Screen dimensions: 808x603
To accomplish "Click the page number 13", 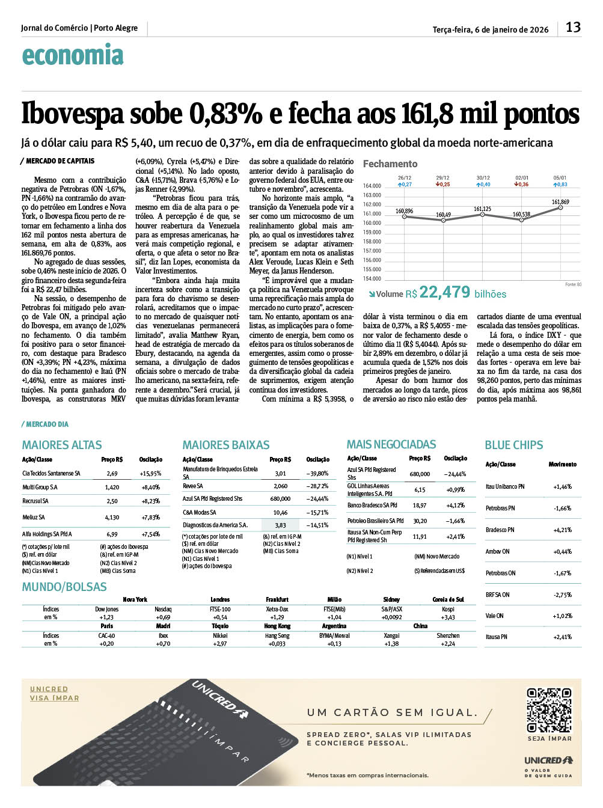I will click(x=573, y=27).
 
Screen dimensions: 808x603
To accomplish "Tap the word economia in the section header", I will click(x=73, y=55).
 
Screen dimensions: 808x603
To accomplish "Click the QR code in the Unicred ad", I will click(x=549, y=711).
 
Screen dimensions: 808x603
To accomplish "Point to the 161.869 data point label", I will click(x=560, y=202).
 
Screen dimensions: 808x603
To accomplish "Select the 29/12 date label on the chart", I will click(x=442, y=178).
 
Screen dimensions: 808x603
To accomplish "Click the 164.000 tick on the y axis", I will click(x=372, y=186).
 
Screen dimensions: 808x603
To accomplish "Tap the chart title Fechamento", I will click(x=390, y=164).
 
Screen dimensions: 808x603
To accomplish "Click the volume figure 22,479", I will click(x=445, y=292).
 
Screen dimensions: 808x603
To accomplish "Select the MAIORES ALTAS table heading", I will click(x=62, y=445).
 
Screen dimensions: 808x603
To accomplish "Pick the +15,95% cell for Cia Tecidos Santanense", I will click(x=151, y=474).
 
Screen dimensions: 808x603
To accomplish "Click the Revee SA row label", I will click(x=193, y=486).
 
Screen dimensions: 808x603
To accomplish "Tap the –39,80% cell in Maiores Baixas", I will click(x=317, y=473).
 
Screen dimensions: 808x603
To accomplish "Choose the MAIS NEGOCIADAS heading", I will click(x=391, y=444).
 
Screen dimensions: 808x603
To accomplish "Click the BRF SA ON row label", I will click(x=497, y=595).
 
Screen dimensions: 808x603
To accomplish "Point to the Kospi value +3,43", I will click(x=447, y=617).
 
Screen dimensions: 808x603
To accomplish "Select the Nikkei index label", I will click(x=220, y=635).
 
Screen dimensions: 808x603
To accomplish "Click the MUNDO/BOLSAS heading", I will click(x=64, y=587).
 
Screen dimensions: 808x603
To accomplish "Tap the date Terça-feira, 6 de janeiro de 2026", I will click(x=491, y=29).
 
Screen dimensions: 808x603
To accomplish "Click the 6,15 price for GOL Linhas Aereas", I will click(x=419, y=490).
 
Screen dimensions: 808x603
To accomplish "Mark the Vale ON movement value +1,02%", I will click(x=562, y=616).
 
